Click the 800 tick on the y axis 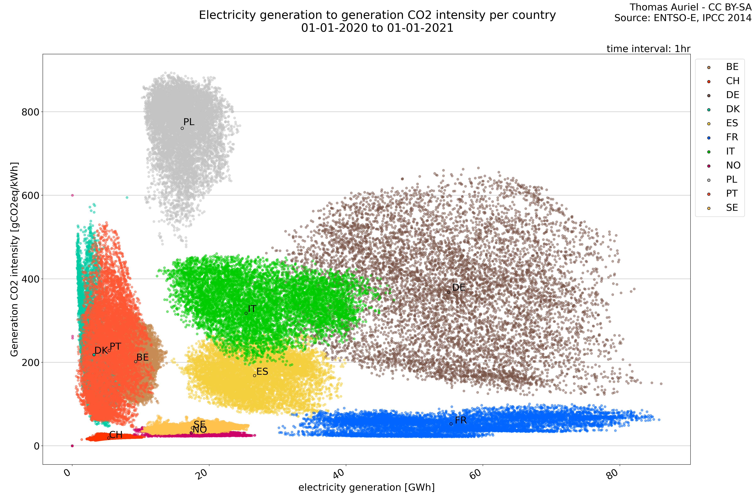point(30,112)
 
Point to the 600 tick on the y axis point(30,195)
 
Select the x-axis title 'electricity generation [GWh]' point(366,488)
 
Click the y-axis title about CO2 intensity point(14,259)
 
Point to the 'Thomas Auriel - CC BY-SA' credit point(690,7)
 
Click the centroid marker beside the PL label point(182,128)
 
